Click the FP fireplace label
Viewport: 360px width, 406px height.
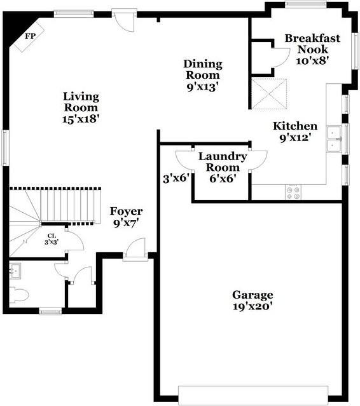pyautogui.click(x=29, y=36)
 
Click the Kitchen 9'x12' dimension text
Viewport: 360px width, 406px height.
pyautogui.click(x=295, y=137)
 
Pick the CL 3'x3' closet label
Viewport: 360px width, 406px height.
pyautogui.click(x=52, y=239)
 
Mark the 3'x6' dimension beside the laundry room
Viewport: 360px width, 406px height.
pyautogui.click(x=176, y=179)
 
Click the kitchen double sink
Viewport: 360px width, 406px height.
pyautogui.click(x=334, y=140)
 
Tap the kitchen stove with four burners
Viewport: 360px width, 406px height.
pyautogui.click(x=294, y=193)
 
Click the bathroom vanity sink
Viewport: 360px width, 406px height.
pyautogui.click(x=17, y=271)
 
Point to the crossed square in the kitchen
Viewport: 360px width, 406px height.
pyautogui.click(x=270, y=93)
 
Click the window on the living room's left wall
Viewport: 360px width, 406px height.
pyautogui.click(x=4, y=147)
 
